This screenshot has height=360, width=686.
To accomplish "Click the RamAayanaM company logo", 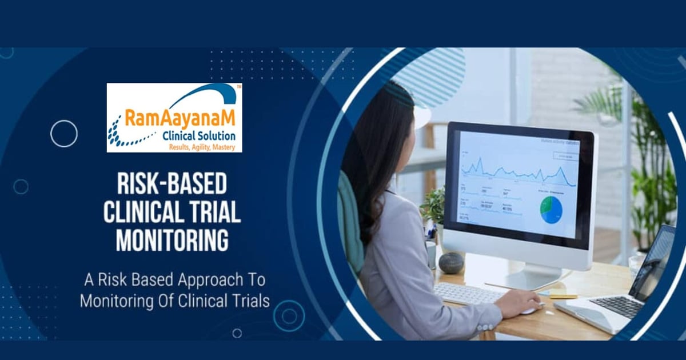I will pos(174,118).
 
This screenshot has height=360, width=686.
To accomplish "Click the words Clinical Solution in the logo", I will pos(198,136).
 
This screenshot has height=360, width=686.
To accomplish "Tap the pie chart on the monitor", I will pos(551,210).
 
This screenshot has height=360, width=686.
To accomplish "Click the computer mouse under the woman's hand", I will pos(532,310).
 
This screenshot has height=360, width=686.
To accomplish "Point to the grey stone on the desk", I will pos(451,263).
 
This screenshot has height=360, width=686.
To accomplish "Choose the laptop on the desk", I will pos(623,286).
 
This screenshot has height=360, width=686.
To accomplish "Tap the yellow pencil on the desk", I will pos(563,297).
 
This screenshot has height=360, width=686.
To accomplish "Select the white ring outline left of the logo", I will pos(63,134).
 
